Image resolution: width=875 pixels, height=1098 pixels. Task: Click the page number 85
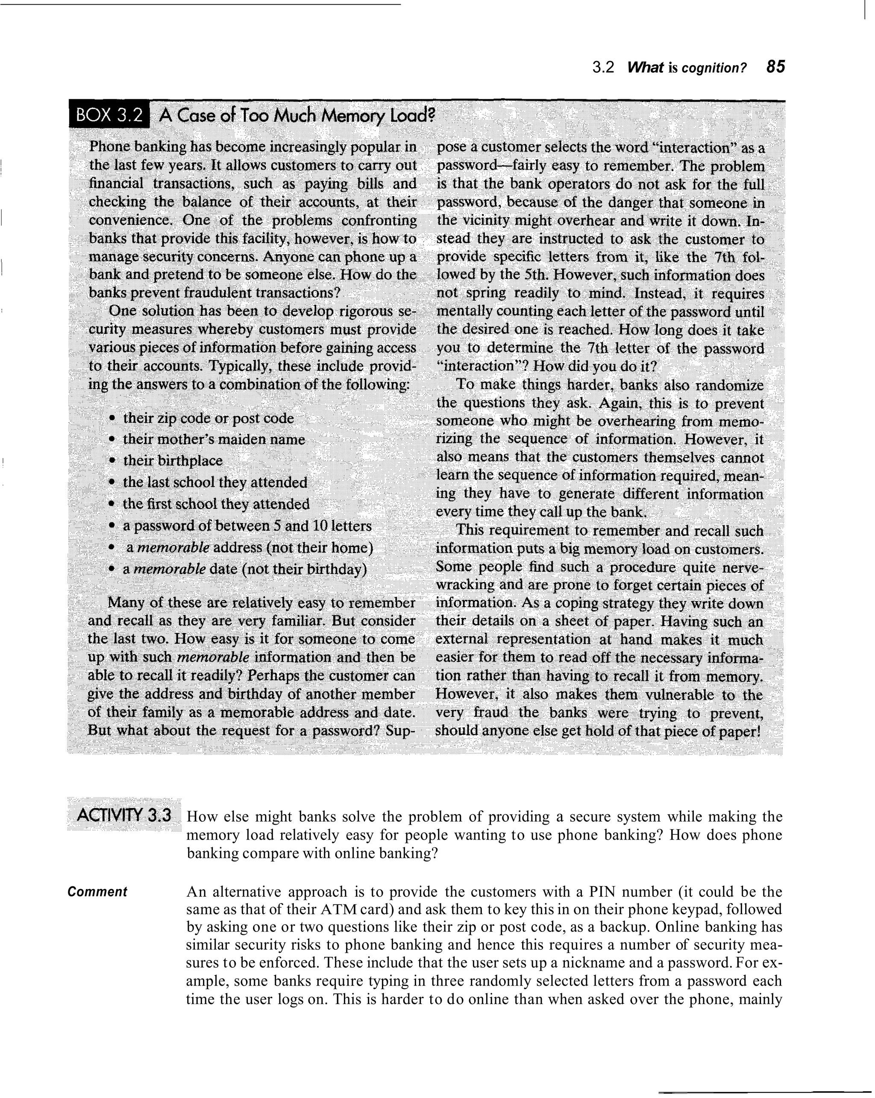tap(775, 67)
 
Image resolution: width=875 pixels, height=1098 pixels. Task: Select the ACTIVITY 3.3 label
tap(124, 815)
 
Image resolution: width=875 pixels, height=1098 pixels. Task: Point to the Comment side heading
tap(97, 892)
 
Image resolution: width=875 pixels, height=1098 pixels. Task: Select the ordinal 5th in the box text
tap(537, 275)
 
